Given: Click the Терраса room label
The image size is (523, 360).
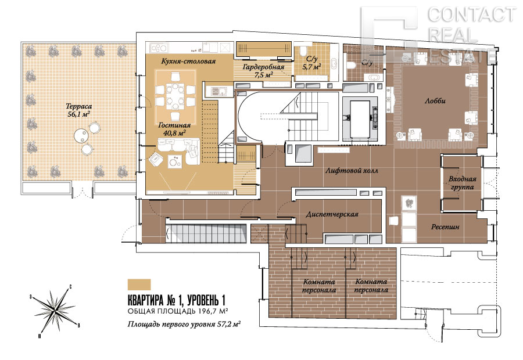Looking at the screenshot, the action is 78,107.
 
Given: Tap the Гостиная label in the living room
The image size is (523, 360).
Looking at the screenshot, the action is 174,125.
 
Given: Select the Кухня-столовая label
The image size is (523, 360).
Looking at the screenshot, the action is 188,62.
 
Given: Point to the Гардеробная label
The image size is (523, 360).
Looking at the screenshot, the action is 263,67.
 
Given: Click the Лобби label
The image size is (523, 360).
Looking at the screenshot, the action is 435,100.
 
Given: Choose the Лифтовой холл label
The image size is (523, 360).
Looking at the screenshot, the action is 352,171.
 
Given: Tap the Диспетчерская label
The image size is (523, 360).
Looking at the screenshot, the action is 332,214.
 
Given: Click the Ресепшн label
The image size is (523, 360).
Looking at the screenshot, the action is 445,227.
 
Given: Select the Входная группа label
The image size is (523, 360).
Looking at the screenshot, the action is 463,183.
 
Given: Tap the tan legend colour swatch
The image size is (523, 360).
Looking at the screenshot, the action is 139,285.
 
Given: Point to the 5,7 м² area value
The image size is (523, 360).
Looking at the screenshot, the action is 311,67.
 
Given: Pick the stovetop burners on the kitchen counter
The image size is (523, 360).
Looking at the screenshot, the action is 159,48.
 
